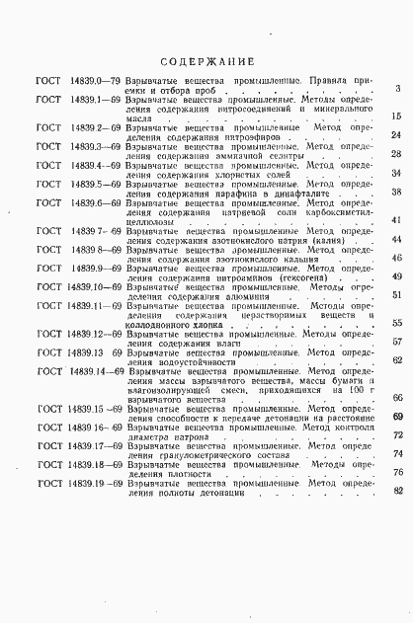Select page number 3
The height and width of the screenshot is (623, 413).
[x=396, y=89]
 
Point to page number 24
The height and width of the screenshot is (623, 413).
[x=395, y=135]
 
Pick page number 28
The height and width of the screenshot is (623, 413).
[x=395, y=154]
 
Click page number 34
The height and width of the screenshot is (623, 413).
[x=395, y=173]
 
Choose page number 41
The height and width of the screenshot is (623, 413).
[x=395, y=219]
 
